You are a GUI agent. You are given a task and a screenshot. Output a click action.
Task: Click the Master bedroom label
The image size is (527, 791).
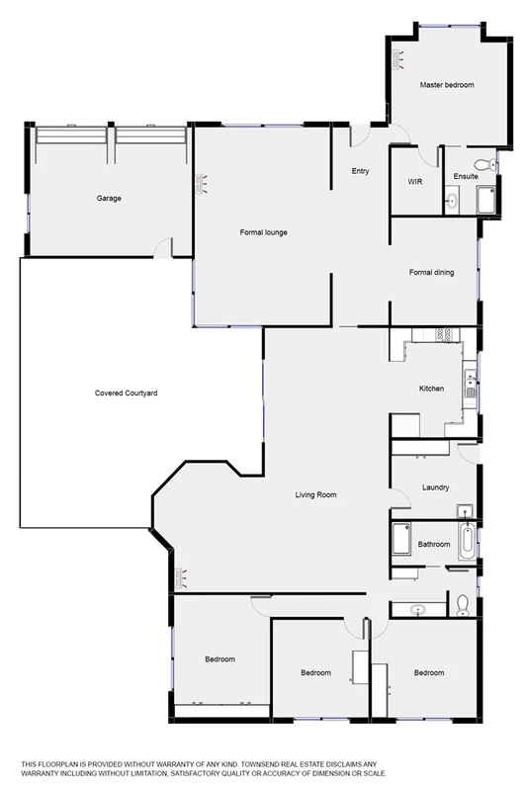pos(446,86)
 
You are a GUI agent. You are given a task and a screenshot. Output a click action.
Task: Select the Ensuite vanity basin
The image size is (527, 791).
pos(452,201)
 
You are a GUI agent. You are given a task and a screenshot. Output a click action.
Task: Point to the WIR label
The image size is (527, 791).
pos(415,182)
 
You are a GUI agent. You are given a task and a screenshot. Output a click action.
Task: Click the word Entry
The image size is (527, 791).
pos(360,171)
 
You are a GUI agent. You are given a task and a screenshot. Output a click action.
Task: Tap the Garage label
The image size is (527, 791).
pos(109,199)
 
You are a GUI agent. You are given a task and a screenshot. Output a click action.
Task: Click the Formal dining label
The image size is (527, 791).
pos(432,272)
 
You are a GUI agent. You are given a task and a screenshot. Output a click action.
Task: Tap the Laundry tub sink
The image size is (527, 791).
pos(464,511)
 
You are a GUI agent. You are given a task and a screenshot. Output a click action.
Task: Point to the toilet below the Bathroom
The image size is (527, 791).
pos(463,603)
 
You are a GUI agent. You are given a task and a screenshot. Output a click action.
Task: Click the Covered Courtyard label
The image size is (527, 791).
pos(127,394)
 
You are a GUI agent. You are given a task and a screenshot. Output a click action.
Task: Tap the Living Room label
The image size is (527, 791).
pos(318,495)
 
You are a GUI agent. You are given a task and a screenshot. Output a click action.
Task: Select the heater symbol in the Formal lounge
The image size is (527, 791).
pos(204,181)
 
